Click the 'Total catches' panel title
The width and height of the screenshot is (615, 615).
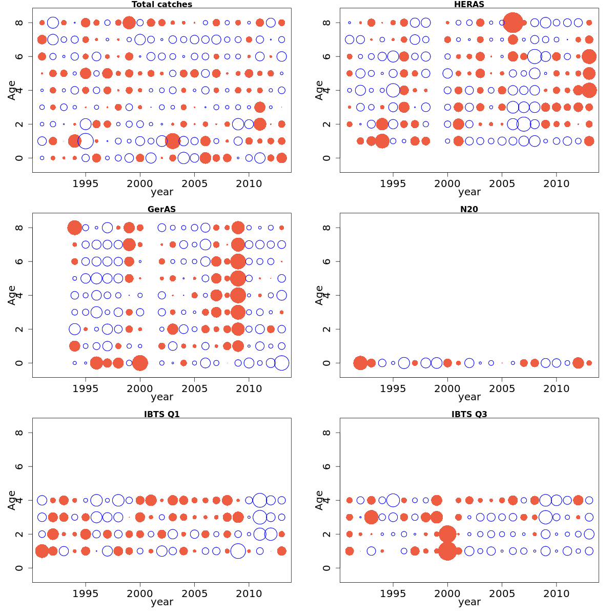pos(162,5)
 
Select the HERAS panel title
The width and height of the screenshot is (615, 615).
pos(469,5)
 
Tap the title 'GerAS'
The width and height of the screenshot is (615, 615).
pos(162,210)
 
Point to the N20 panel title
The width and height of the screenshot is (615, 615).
pos(469,210)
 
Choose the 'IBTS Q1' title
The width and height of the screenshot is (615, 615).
pos(162,415)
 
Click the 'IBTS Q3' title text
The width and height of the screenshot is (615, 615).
pos(469,415)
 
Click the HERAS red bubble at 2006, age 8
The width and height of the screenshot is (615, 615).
pos(513,23)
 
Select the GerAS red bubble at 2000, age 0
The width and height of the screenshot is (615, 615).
pos(140,363)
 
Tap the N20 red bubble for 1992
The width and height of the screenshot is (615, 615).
pos(360,363)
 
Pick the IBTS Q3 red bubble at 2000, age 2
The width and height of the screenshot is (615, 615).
pos(447,534)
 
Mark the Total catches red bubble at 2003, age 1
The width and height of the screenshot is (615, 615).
pos(173,141)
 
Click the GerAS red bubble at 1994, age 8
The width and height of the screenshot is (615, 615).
pos(75,228)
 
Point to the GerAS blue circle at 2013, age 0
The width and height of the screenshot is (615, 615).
pos(281,363)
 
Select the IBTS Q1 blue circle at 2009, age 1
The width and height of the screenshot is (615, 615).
pos(238,551)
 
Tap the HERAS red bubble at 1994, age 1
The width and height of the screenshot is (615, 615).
pos(382,141)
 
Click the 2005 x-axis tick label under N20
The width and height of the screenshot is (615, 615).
pos(502,389)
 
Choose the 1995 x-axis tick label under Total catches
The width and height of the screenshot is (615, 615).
pos(86,184)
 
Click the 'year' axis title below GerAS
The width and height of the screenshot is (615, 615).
pos(162,397)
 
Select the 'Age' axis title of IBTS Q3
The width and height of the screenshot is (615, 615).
pos(319,500)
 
